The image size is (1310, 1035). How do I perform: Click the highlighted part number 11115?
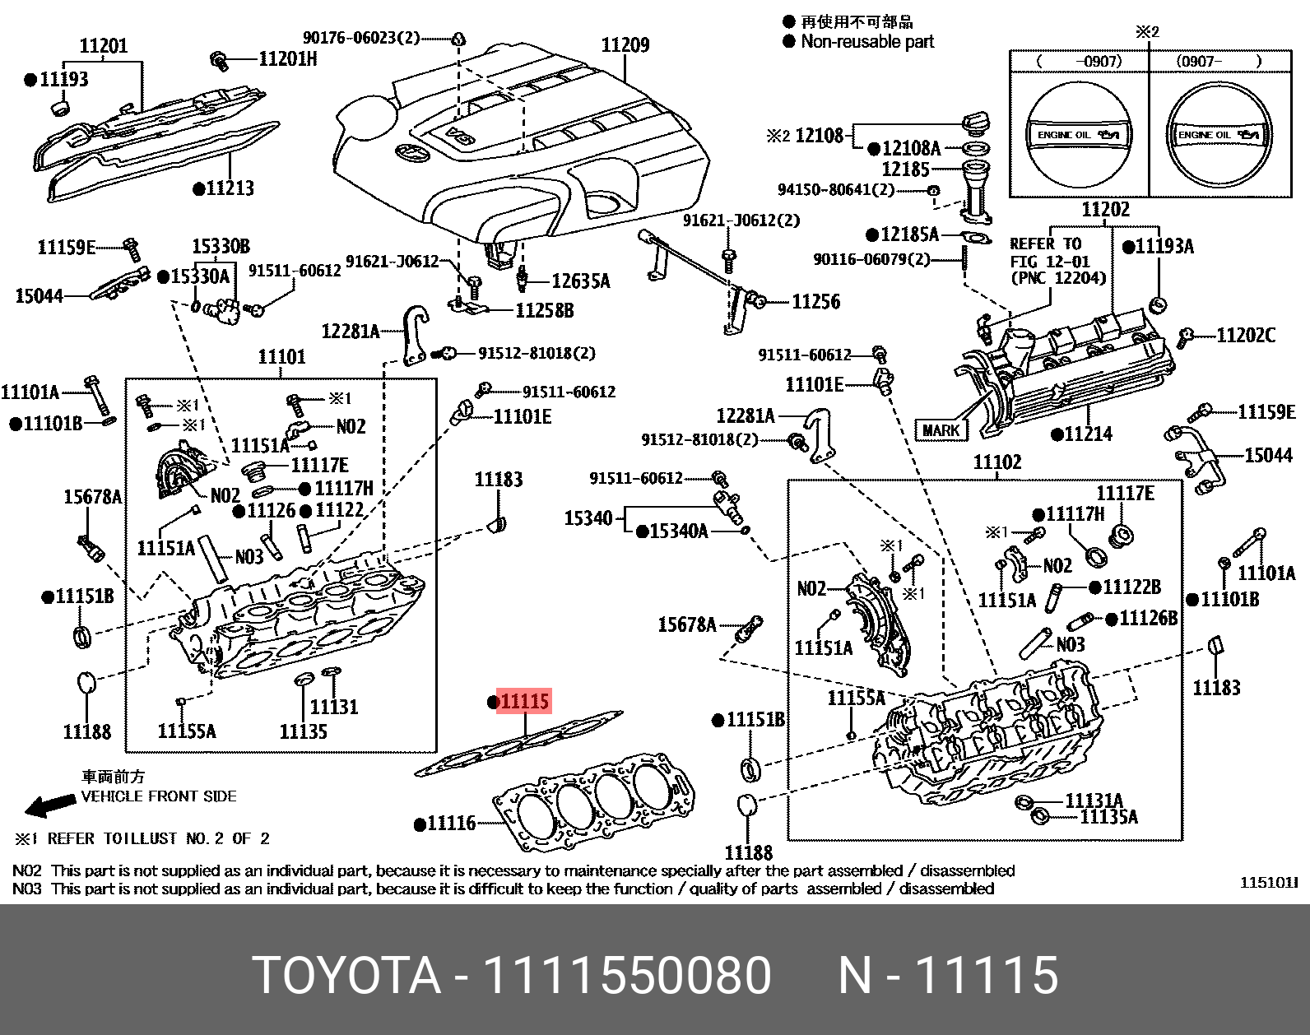click(x=524, y=702)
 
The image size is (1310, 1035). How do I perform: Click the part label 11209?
click(x=625, y=44)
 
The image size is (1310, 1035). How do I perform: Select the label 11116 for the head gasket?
click(x=451, y=823)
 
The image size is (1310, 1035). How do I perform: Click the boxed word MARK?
click(x=941, y=429)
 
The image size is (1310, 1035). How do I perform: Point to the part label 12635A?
click(x=580, y=281)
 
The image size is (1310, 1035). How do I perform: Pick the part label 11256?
click(x=815, y=302)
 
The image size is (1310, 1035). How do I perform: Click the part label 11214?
click(x=1088, y=434)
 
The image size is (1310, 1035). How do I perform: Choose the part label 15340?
click(x=588, y=518)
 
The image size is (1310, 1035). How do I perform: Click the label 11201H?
click(x=287, y=58)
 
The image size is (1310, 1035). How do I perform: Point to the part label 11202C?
click(x=1246, y=335)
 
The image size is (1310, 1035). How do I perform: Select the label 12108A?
click(x=911, y=148)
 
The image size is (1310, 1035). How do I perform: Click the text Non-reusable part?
click(x=867, y=41)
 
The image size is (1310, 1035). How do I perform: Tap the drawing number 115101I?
click(x=1268, y=883)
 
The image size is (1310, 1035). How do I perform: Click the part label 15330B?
click(x=221, y=246)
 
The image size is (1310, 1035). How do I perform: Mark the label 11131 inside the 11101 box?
click(x=334, y=707)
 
